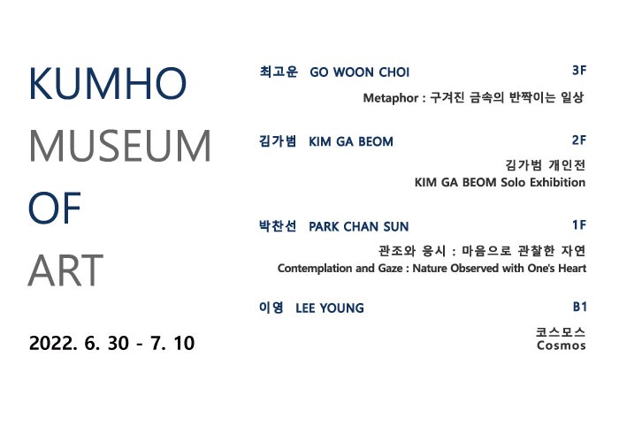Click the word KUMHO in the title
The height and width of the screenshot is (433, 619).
tap(108, 85)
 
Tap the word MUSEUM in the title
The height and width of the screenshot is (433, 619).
tap(120, 148)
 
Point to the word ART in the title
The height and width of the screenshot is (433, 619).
tap(66, 271)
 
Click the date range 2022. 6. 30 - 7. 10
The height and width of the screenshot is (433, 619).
tap(111, 342)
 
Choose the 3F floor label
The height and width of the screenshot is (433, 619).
tap(579, 69)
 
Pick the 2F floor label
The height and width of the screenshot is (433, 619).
tap(579, 140)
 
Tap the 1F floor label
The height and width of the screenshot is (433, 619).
tap(579, 225)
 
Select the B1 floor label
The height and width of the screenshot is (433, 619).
tap(579, 307)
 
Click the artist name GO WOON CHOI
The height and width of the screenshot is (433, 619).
tap(359, 72)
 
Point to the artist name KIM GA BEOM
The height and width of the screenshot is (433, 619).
tap(351, 141)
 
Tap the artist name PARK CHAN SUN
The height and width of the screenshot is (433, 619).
tap(359, 227)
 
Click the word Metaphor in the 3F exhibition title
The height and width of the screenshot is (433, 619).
tap(391, 99)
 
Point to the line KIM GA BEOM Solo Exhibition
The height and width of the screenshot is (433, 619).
tap(500, 183)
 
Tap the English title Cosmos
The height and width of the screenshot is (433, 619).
tap(561, 346)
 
